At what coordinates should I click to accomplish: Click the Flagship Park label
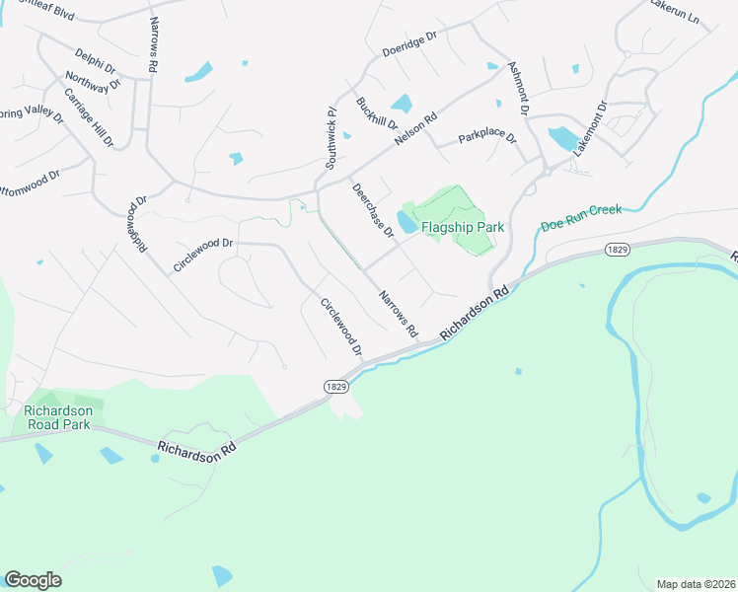[463, 227]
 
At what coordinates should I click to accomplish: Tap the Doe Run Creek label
[581, 226]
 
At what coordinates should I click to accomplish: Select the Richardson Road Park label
[58, 417]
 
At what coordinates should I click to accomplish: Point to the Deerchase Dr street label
[373, 210]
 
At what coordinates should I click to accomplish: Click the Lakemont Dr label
[589, 123]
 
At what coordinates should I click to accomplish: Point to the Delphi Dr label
[96, 61]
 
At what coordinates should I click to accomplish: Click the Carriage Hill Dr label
[89, 117]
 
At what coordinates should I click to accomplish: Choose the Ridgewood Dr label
[136, 227]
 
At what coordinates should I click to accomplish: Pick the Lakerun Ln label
[674, 12]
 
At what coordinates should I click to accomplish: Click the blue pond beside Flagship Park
[405, 220]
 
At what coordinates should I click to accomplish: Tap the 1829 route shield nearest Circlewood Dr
[334, 385]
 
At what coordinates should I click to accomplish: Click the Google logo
[33, 580]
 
